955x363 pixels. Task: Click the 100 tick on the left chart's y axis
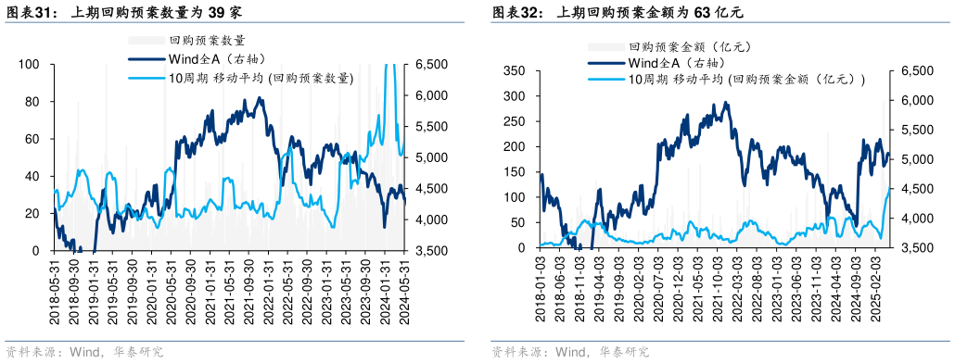coord(30,64)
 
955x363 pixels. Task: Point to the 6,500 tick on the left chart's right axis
coord(432,64)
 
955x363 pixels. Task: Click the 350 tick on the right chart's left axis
coord(516,70)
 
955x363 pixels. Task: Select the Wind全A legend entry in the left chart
coord(205,59)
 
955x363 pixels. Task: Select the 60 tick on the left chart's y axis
coord(32,139)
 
